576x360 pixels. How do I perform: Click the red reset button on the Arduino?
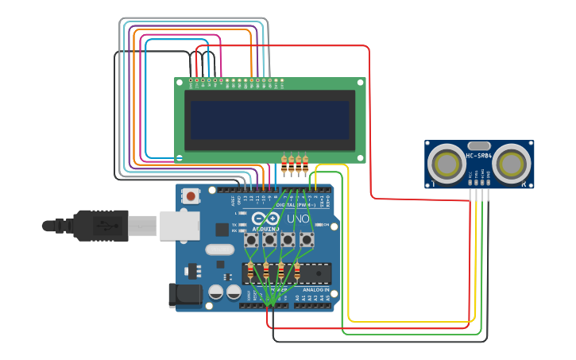click(191, 195)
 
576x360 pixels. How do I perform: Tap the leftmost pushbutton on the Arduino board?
click(252, 239)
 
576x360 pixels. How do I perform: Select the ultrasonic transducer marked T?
click(446, 164)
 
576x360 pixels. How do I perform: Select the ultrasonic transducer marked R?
click(510, 164)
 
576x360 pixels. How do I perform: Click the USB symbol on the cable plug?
click(102, 226)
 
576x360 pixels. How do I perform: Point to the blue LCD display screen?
click(269, 119)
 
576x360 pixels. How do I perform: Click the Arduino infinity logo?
click(265, 219)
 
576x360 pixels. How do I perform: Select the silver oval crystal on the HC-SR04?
click(478, 145)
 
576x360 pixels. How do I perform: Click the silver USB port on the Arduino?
click(179, 225)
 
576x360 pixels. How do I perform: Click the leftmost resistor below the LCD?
click(285, 165)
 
